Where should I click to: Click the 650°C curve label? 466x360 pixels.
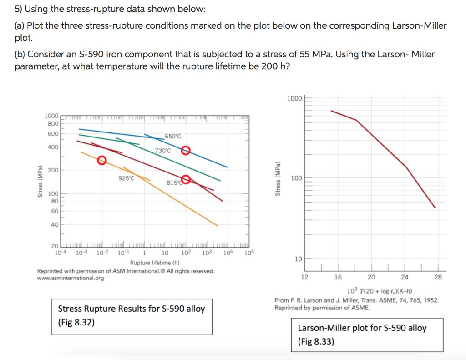pos(173,136)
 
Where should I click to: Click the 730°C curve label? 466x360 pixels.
pos(163,151)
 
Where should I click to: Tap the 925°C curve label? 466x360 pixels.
pos(126,178)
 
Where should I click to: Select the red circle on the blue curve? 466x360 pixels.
pos(185,151)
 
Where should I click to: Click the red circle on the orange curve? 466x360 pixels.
pos(102,160)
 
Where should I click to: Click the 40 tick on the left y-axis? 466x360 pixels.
pos(54,225)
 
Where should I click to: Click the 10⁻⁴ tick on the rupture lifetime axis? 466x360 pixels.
pos(59,253)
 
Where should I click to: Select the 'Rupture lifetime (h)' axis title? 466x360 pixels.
pos(155,263)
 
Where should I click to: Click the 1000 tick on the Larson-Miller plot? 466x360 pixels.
pos(294,99)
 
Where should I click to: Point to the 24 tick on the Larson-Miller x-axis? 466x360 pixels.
pos(405,277)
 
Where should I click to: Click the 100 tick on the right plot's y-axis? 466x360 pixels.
pos(296,178)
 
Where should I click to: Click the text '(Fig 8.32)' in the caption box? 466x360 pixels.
pos(76,323)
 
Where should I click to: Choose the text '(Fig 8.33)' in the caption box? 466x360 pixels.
pos(316,341)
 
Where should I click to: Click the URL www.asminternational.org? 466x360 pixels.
pos(70,278)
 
